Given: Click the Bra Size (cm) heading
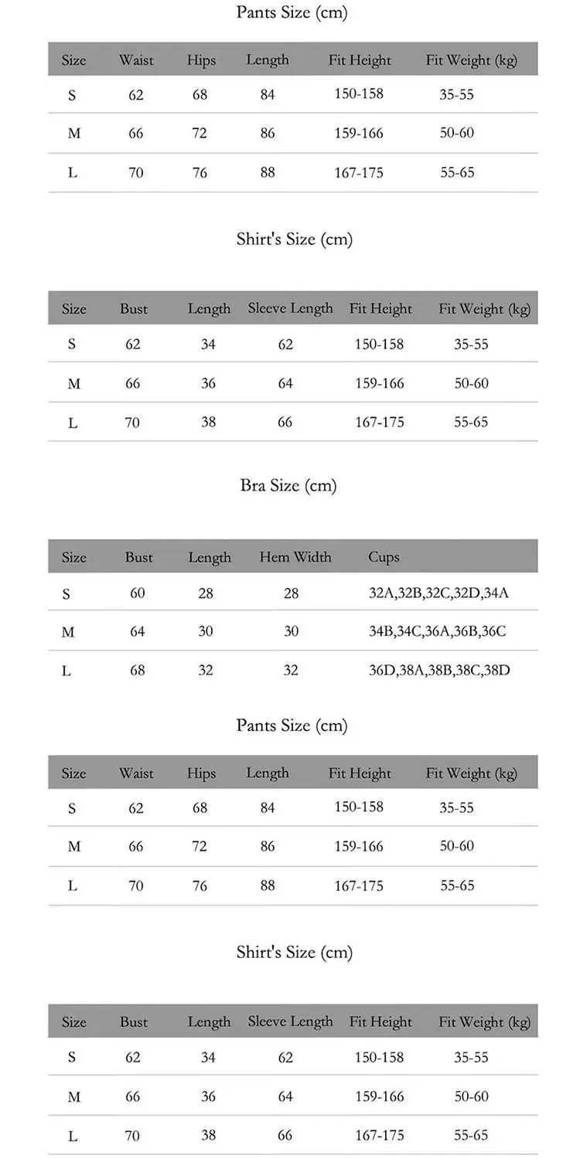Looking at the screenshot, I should coord(288,486).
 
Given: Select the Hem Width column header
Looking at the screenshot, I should coord(295,557).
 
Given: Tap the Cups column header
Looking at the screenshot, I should coord(384,557).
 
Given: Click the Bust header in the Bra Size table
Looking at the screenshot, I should coord(139,557).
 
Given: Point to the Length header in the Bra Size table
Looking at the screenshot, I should coord(210,557).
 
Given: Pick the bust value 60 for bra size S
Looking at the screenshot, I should coord(138,593).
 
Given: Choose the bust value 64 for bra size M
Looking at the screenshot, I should coord(138,632).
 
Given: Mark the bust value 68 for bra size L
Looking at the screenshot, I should coord(138,670).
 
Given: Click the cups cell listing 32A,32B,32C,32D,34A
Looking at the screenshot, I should coord(438,593).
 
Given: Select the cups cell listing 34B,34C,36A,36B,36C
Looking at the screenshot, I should coord(438,632).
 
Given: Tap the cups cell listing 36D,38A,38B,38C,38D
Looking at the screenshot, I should coord(439,670).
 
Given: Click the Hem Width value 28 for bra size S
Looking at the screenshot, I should coord(291,593).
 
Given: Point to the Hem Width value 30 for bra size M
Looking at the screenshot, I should coord(291,632).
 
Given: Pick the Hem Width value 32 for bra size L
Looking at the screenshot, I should coord(291,670).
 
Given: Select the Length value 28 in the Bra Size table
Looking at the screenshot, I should coord(206,593).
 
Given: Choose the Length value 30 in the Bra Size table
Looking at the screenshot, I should coord(206,632).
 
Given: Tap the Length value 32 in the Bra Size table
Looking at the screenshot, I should coord(206,670).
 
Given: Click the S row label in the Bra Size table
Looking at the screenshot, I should coord(67,595).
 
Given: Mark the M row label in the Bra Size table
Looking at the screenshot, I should coord(68,633).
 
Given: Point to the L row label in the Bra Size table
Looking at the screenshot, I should coord(67,671).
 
